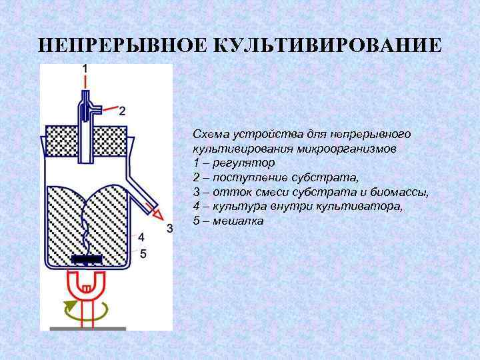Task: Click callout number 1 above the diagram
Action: (x=84, y=68)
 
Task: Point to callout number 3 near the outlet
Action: (x=169, y=229)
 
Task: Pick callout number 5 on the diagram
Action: (x=142, y=253)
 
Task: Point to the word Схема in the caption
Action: (x=210, y=133)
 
